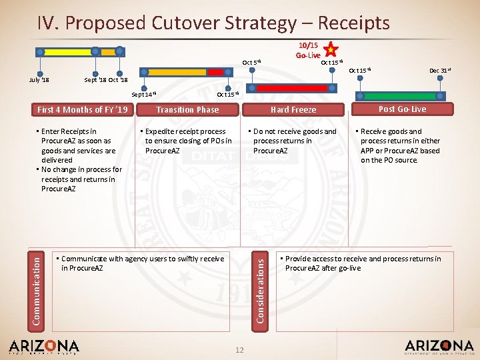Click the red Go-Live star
(x=330, y=49)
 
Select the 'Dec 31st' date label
(x=439, y=70)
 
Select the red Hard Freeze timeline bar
(x=291, y=87)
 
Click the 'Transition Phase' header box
(x=187, y=110)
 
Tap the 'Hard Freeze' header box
(x=293, y=110)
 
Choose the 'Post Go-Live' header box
(x=402, y=109)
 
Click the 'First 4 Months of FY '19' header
(x=83, y=110)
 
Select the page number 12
(x=240, y=350)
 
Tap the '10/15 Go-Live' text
(x=309, y=50)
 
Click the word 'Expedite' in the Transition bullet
(x=161, y=131)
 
